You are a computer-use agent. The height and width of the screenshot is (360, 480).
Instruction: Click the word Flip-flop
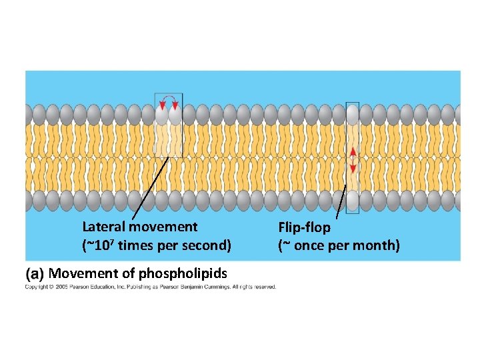(304, 227)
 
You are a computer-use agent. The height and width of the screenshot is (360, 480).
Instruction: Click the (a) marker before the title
(35, 273)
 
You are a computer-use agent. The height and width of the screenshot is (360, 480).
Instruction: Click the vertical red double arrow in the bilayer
(353, 161)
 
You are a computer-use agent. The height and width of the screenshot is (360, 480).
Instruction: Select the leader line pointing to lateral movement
(150, 187)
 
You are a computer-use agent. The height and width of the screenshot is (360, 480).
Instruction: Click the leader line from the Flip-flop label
(341, 200)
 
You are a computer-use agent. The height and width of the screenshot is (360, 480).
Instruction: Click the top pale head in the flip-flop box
(353, 115)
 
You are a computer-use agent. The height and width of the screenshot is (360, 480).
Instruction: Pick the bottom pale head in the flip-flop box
(353, 200)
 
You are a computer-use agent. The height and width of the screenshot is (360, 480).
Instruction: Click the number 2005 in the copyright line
(63, 287)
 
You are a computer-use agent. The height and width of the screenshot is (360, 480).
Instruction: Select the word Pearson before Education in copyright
(83, 287)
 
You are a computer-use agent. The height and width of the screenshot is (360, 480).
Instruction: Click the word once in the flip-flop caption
(309, 245)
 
